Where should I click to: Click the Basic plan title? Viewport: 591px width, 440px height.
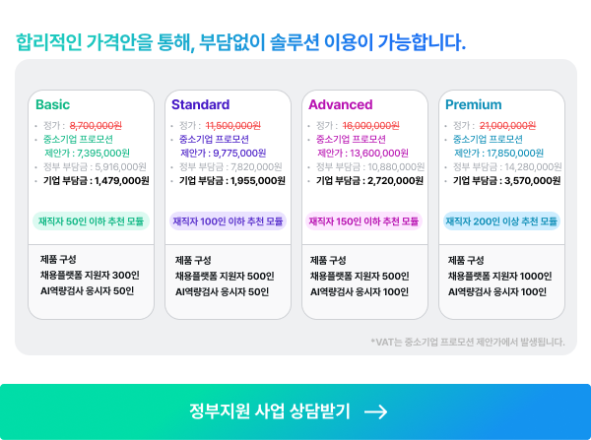pos(53,104)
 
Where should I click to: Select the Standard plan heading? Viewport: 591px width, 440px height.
pos(201,104)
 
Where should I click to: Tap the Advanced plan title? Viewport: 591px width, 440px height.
pos(341,104)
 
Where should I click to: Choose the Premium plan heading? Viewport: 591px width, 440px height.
pos(474,104)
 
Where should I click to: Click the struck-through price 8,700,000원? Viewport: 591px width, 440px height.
pos(96,125)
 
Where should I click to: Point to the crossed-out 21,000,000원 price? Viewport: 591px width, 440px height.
pos(507,125)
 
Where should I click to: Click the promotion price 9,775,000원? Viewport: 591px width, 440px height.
pos(239,153)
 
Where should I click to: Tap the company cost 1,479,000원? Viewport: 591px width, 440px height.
pos(122,181)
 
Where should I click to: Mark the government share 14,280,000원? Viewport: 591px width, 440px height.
pos(533,167)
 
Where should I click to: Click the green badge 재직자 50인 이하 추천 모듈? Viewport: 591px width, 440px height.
pos(91,221)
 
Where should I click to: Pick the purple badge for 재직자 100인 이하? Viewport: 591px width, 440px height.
pos(228,221)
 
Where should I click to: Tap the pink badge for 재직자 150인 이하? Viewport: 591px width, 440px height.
pos(363,221)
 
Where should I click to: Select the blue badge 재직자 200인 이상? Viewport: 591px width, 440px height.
pos(501,221)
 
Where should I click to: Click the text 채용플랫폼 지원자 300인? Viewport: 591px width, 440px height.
pos(90,276)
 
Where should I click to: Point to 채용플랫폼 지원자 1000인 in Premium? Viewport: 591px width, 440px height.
pos(499,277)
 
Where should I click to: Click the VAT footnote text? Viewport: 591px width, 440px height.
pos(468,342)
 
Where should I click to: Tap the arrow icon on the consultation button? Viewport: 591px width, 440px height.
pos(376,411)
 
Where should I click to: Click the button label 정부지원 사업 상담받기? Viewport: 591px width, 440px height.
pos(270,411)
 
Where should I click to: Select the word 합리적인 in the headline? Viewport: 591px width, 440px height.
pos(48,41)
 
